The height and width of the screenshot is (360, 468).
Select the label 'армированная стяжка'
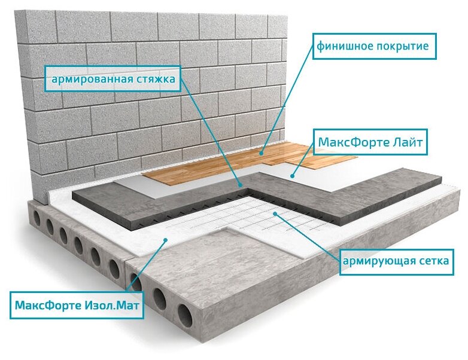[x=113, y=79]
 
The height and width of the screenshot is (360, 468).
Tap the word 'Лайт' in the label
[x=411, y=143]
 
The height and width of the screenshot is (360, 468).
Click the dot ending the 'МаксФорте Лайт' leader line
[x=292, y=176]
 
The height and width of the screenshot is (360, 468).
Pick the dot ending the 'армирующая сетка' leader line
[x=273, y=213]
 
